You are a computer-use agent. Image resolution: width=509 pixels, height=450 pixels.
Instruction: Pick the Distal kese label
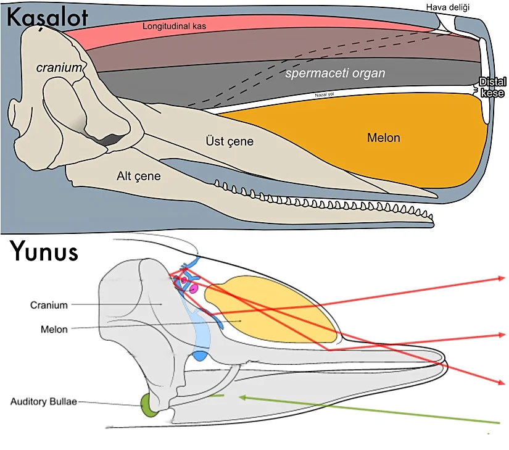[493, 88]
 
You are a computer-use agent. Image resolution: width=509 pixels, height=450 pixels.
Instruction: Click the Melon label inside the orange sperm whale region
[384, 138]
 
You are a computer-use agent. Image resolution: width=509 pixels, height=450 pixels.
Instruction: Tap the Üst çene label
[230, 142]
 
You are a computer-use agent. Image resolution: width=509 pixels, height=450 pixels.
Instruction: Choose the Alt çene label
[139, 177]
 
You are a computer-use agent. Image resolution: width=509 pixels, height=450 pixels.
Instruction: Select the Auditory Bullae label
[44, 402]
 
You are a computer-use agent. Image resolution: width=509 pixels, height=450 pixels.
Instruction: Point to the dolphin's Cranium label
[49, 305]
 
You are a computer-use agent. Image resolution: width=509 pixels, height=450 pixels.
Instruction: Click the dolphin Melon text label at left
[54, 329]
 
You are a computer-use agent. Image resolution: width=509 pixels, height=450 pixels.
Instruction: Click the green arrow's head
[242, 397]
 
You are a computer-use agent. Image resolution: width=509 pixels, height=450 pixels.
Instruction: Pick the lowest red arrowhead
[502, 383]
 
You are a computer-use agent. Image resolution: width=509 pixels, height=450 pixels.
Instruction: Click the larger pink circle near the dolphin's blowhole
[193, 288]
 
